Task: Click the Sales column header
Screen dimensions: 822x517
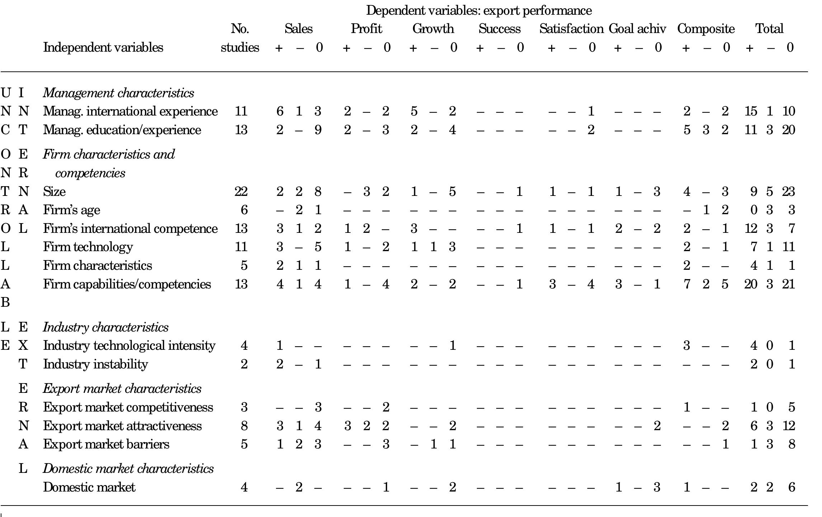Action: point(298,29)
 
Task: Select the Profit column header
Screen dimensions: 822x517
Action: point(366,29)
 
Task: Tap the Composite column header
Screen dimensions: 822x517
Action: point(706,29)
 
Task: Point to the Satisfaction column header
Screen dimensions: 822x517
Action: point(571,29)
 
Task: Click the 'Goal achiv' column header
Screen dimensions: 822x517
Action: point(637,29)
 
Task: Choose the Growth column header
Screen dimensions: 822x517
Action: point(433,29)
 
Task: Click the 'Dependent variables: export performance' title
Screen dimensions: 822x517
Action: point(479,11)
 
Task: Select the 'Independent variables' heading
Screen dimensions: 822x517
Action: point(103,47)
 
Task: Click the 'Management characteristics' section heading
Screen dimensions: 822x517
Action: point(118,93)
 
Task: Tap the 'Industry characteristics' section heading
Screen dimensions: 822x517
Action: point(105,327)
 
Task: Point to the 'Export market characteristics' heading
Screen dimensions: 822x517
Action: point(122,389)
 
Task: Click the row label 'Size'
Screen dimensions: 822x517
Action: point(54,192)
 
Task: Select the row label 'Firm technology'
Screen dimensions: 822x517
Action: point(88,247)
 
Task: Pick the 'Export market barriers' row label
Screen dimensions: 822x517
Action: point(106,444)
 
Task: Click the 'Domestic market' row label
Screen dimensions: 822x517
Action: point(89,487)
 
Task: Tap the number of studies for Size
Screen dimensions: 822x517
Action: point(241,192)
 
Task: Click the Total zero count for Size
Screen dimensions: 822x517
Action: point(788,192)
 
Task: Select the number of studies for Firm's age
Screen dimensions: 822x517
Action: point(244,210)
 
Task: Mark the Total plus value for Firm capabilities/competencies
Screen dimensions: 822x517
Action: point(751,284)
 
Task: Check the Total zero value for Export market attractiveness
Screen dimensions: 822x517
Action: point(788,426)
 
